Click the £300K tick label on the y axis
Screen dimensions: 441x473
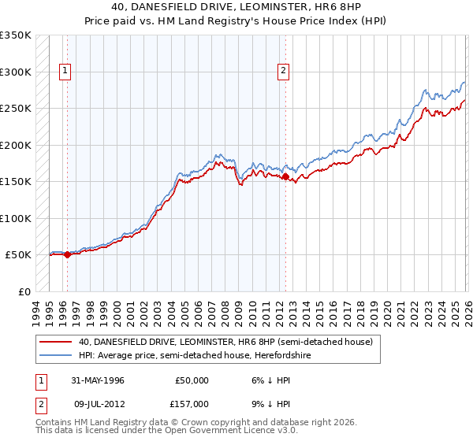pyautogui.click(x=16, y=72)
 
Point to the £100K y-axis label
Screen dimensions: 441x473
pyautogui.click(x=16, y=218)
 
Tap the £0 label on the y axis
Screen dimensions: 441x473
pyautogui.click(x=23, y=291)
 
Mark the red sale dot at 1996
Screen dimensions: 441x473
pyautogui.click(x=68, y=254)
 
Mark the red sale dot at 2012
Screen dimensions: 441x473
pyautogui.click(x=285, y=177)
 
